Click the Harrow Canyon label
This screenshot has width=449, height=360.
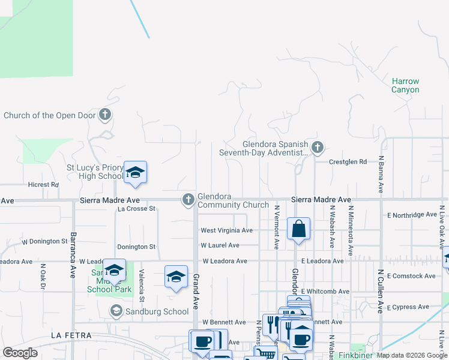point(405,85)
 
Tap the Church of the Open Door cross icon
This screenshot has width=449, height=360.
point(105,114)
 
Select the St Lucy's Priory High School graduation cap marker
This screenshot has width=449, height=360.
point(135,173)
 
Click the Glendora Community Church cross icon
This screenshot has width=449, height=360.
point(188,200)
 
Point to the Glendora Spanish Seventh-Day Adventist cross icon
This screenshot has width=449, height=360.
point(318,146)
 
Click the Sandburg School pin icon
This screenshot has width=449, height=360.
point(116,311)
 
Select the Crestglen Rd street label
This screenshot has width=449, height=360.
point(348,161)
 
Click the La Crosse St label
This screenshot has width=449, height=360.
point(136,209)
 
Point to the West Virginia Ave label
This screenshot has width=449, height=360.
point(226,230)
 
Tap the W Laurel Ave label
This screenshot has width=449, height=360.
point(220,245)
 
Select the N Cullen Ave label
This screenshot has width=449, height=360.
point(381,290)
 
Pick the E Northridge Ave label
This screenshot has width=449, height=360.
point(412,215)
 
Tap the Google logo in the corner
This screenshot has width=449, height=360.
point(20,353)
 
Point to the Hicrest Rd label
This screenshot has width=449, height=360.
point(43,185)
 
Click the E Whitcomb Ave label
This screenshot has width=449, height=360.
point(325,292)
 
